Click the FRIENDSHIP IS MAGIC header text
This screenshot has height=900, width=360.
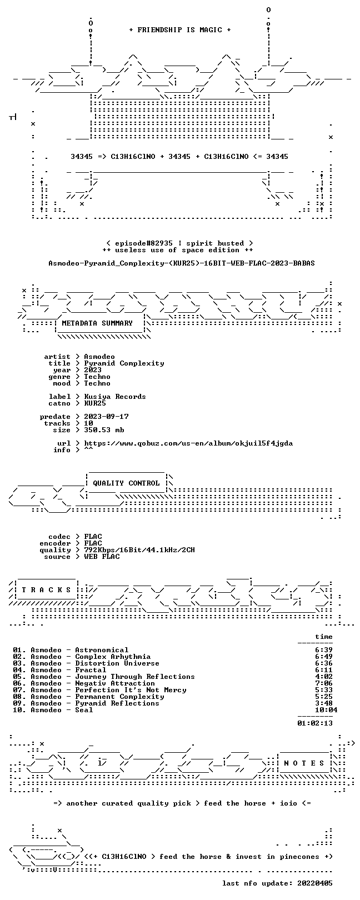[x=179, y=30]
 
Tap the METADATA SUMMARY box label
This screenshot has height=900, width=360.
[x=97, y=323]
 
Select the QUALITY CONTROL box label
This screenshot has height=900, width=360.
[x=126, y=483]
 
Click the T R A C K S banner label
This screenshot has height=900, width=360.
[x=46, y=590]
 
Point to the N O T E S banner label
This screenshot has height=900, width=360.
[x=304, y=763]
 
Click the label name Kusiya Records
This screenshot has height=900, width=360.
[x=115, y=397]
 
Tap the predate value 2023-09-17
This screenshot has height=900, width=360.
[x=106, y=417]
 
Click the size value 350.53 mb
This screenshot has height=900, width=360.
[x=104, y=430]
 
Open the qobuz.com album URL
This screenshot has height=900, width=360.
[x=188, y=443]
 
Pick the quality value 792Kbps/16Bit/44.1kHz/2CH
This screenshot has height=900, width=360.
[x=139, y=550]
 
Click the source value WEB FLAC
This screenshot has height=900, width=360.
[x=102, y=557]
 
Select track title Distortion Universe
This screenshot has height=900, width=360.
[x=117, y=663]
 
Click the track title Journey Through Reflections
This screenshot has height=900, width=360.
[x=134, y=677]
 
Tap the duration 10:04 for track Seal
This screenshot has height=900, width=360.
[x=326, y=710]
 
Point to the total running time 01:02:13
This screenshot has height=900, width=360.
[x=315, y=723]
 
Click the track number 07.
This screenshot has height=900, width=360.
[x=17, y=690]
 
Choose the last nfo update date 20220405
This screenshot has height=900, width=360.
[x=315, y=883]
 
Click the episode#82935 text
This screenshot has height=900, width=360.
[x=144, y=243]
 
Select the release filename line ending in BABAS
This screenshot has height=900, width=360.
[x=182, y=263]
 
